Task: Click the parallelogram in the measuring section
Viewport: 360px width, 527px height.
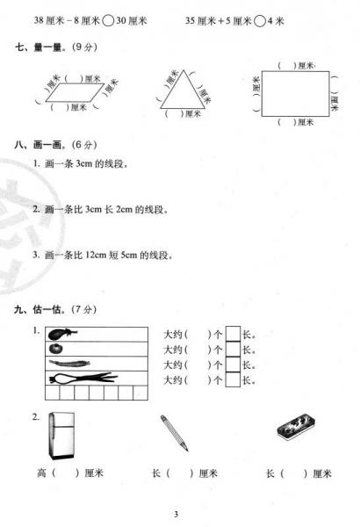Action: [73, 90]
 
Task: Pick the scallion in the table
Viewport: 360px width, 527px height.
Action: [82, 379]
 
